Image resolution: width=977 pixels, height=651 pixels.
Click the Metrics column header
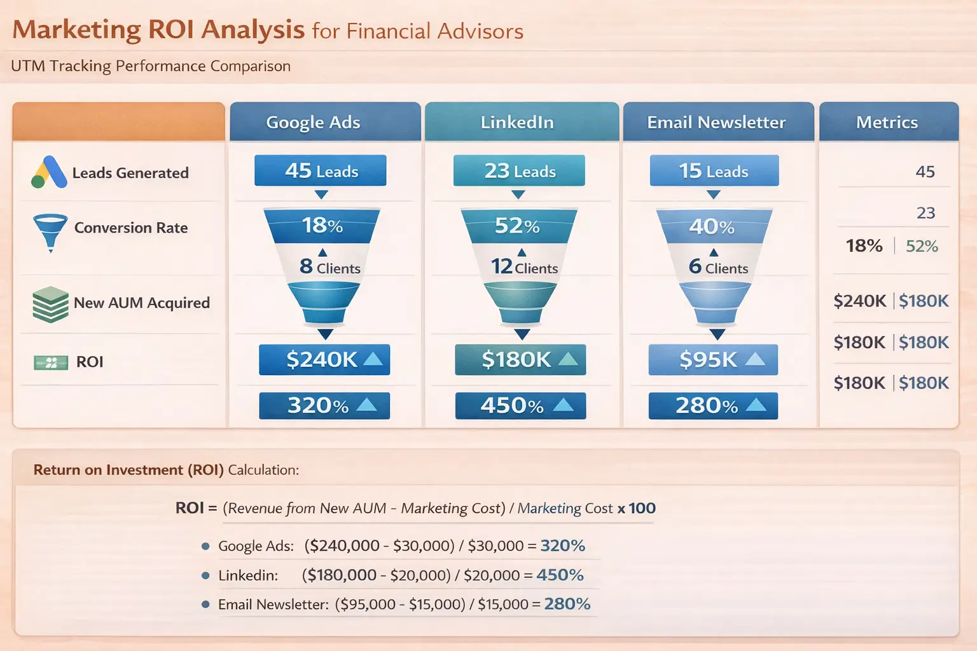tap(888, 122)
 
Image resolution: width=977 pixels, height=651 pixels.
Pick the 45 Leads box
tap(321, 170)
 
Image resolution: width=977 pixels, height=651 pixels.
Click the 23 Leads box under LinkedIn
tap(519, 170)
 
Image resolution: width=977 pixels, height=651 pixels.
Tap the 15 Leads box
tap(714, 170)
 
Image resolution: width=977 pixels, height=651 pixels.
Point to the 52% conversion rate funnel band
tap(518, 226)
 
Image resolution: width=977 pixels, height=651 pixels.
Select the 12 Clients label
tap(524, 267)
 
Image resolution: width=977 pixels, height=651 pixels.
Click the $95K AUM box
tap(713, 360)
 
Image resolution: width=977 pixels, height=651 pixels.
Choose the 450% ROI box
tap(520, 406)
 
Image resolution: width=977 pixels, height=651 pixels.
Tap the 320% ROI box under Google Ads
tap(324, 406)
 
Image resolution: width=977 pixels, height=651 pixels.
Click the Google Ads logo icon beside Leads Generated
tap(49, 172)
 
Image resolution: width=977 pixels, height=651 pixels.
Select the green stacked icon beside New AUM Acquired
tap(50, 304)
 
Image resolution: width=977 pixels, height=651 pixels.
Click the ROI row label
tap(90, 362)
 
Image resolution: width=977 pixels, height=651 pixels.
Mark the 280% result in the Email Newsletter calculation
tap(567, 604)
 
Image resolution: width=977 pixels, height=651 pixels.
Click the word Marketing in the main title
tap(76, 30)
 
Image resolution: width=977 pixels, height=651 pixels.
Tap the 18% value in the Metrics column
tap(864, 245)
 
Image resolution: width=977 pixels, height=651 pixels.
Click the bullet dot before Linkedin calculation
tap(205, 575)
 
